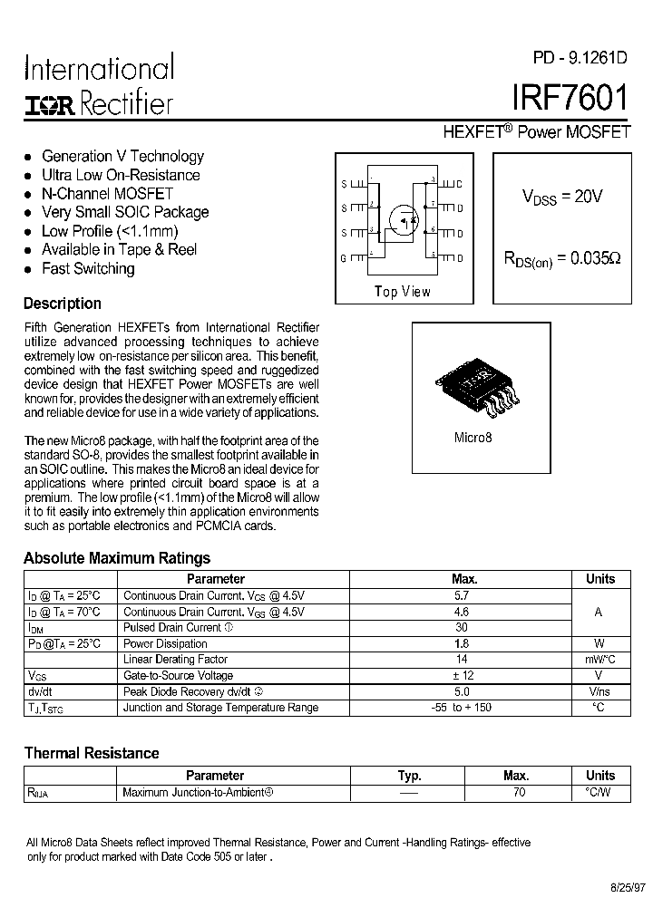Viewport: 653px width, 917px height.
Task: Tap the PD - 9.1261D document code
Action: (580, 58)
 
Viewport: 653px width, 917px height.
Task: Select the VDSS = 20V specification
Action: (562, 197)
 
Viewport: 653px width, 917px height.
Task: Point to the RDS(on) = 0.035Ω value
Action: (562, 258)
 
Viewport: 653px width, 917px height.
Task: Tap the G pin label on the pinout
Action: (344, 258)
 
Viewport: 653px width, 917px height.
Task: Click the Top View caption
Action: (402, 292)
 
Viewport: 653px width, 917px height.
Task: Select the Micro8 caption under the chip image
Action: (472, 438)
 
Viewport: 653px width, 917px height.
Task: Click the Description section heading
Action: (62, 304)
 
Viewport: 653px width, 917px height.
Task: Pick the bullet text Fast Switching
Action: (88, 268)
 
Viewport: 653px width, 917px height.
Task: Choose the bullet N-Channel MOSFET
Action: (107, 193)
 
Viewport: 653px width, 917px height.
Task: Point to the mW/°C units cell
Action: (599, 660)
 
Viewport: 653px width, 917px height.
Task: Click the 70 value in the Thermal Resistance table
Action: (518, 792)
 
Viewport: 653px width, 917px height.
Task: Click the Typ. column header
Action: (410, 776)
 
